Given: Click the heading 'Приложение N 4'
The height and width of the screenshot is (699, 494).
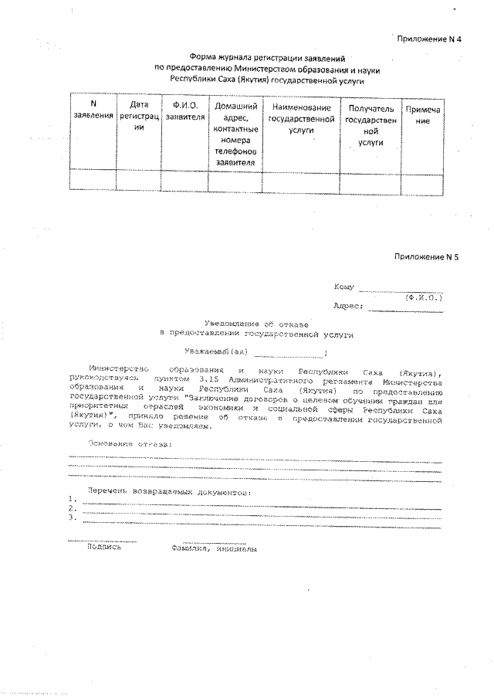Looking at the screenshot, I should (428, 38).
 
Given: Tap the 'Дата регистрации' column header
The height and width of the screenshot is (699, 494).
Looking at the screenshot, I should (138, 116).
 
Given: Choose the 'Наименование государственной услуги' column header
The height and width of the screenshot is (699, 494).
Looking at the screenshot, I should (301, 120).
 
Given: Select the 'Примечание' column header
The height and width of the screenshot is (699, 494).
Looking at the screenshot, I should (423, 116).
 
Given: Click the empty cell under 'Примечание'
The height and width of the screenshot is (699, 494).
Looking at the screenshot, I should (423, 181).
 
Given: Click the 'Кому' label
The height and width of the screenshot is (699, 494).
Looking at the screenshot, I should (343, 287).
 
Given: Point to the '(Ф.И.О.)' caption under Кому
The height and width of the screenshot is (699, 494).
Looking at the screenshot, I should (423, 297).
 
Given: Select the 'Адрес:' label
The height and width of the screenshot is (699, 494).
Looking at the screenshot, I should (348, 306).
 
